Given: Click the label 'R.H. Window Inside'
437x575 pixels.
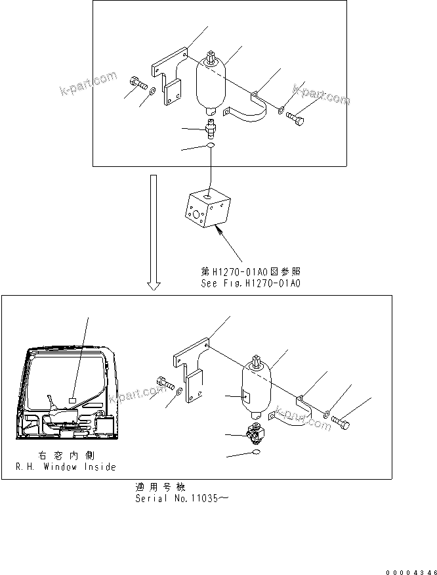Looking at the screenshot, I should click(66, 467).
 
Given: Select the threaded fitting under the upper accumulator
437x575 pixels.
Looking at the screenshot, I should click(211, 126).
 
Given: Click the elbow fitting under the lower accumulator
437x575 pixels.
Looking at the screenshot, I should click(253, 432).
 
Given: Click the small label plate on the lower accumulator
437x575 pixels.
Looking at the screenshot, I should click(245, 396).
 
